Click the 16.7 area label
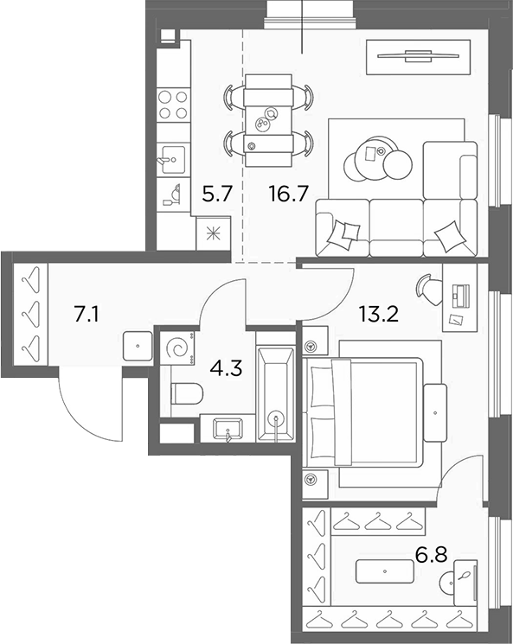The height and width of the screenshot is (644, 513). tap(289, 194)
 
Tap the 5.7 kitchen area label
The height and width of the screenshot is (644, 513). tap(217, 194)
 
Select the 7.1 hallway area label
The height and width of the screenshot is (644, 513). tap(86, 315)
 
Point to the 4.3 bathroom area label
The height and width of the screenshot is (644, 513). tap(226, 368)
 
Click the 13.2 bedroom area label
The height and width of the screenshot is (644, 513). tap(379, 315)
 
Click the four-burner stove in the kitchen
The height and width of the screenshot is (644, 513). tap(173, 105)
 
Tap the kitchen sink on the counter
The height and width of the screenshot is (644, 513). tap(173, 159)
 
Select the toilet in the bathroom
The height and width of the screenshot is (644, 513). tap(187, 393)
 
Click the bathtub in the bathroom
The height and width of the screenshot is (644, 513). tap(275, 394)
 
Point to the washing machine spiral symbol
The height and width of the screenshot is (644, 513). tap(178, 348)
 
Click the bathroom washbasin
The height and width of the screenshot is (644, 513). tap(228, 430)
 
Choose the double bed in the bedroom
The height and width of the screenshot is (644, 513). tap(363, 412)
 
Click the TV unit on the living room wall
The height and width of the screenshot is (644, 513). tap(419, 57)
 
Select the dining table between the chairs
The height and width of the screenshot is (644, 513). tap(268, 120)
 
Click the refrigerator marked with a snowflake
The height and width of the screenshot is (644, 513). tap(214, 234)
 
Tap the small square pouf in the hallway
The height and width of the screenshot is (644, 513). tap(138, 347)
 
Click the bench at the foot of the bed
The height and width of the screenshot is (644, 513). tap(435, 412)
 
